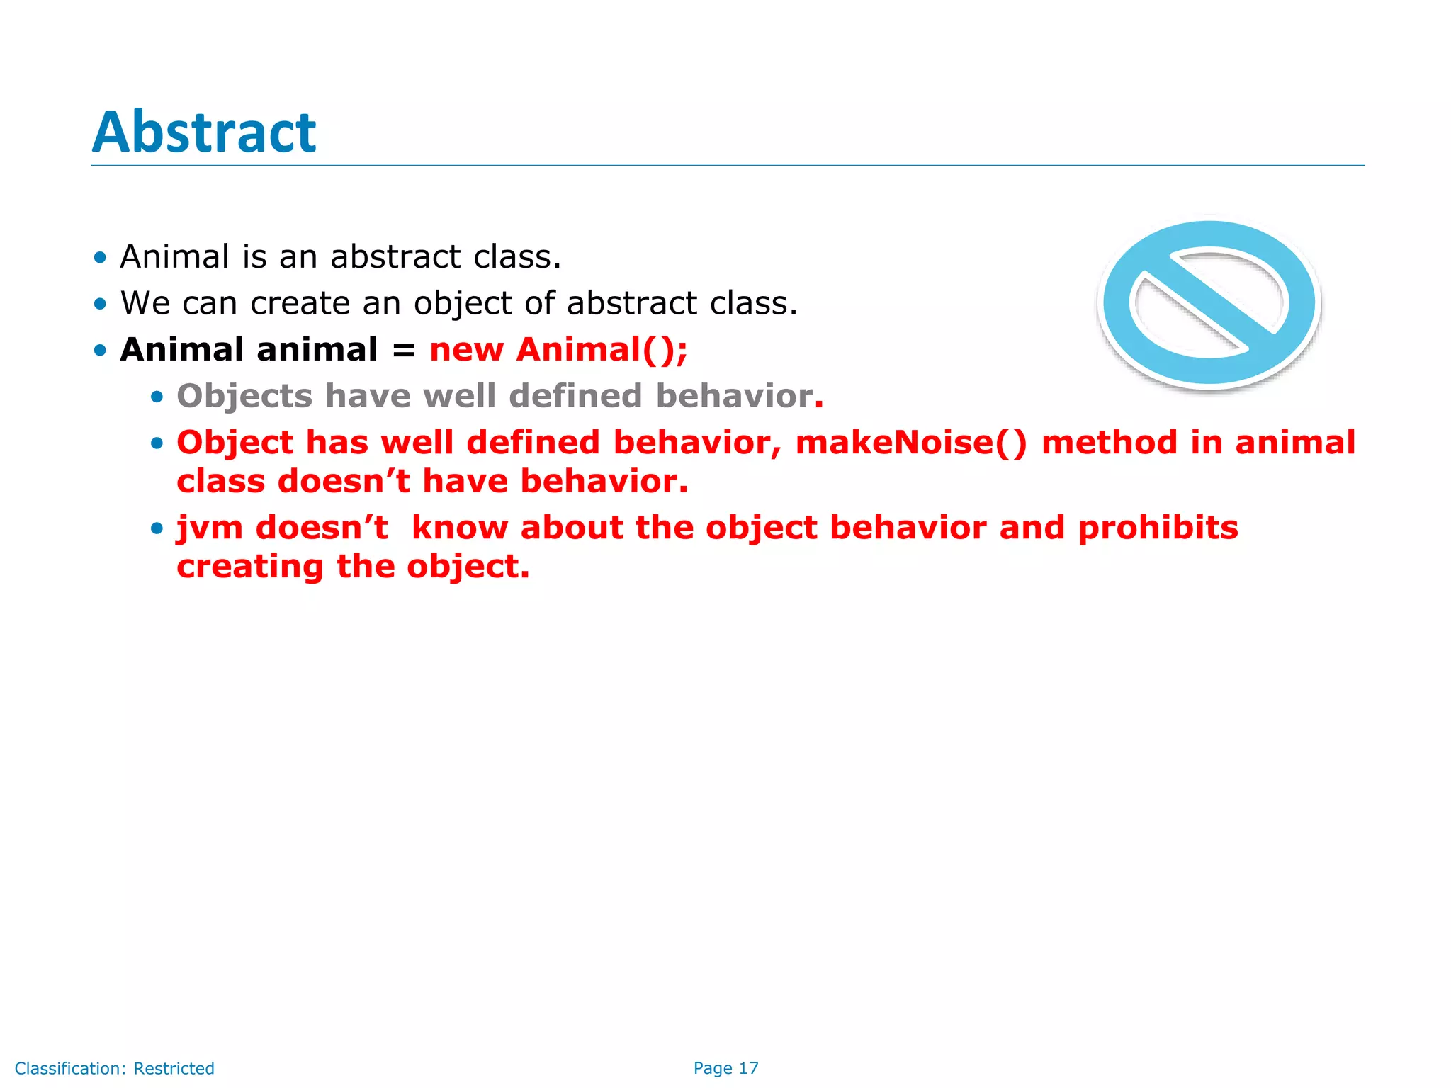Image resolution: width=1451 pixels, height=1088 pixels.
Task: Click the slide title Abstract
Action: click(x=204, y=132)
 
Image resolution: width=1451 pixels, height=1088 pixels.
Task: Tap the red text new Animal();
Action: click(x=558, y=350)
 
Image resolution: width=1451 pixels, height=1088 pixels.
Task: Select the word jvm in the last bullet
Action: click(x=209, y=528)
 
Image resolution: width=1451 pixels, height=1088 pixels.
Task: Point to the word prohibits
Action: click(x=1158, y=528)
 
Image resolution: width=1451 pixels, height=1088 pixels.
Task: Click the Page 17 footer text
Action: click(x=725, y=1068)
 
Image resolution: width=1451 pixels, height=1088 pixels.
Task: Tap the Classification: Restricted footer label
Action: click(x=114, y=1068)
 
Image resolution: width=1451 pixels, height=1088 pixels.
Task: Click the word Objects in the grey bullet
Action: click(x=244, y=397)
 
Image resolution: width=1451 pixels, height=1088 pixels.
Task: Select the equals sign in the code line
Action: click(x=403, y=351)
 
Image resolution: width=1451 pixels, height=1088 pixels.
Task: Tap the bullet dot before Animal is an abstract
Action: click(x=100, y=257)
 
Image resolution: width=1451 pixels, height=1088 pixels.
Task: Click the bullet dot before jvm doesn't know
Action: click(x=157, y=528)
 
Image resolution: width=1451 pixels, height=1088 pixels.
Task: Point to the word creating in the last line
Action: click(x=249, y=567)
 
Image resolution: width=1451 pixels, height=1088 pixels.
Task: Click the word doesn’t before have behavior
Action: click(x=344, y=482)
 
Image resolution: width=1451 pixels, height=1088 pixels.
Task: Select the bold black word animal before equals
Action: click(x=317, y=350)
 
